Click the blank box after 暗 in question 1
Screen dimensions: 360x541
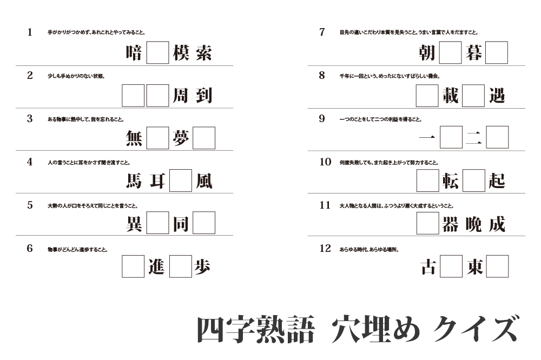157,53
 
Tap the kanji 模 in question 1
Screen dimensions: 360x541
181,53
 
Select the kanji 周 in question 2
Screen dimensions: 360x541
181,96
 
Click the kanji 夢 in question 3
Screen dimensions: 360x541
181,138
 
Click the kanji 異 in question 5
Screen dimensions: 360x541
134,223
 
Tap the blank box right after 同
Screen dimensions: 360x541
204,223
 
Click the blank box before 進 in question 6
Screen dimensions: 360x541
133,266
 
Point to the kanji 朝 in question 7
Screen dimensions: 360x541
427,53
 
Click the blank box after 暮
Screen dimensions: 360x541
497,53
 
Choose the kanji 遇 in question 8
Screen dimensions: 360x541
497,96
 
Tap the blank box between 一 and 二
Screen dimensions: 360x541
451,137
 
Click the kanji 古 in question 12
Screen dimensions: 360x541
427,266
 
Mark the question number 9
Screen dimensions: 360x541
322,119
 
